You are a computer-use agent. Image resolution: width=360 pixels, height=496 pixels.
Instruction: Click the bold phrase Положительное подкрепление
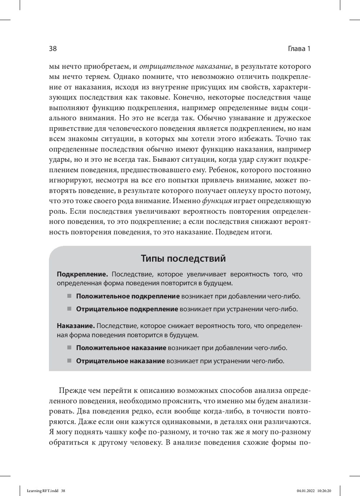click(x=128, y=296)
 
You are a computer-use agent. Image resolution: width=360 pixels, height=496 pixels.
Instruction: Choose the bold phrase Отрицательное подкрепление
click(x=127, y=309)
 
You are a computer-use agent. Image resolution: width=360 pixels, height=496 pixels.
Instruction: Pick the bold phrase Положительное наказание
click(x=121, y=348)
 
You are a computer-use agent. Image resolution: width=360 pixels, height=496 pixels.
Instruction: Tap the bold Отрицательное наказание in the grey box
click(x=120, y=361)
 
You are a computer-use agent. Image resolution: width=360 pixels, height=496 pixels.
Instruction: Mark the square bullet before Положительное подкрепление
click(x=69, y=296)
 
